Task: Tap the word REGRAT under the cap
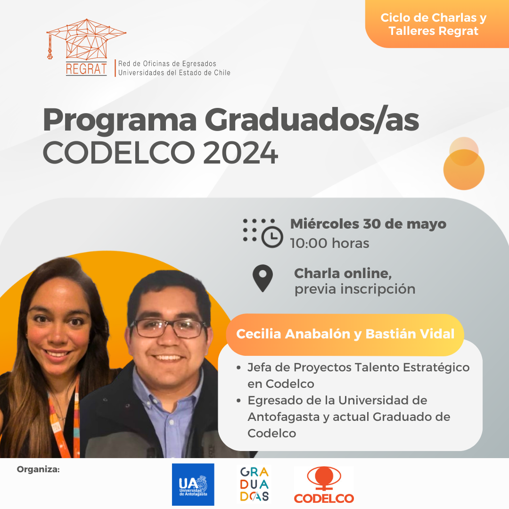tap(86, 69)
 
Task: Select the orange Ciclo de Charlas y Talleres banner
tap(437, 24)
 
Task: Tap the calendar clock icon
tap(263, 233)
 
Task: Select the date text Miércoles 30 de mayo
tap(368, 224)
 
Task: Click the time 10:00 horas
tap(329, 243)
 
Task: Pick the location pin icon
tap(263, 278)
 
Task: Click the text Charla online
tap(343, 273)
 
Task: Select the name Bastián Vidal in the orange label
tap(410, 334)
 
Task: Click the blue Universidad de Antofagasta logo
tap(193, 484)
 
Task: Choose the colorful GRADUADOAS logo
tap(254, 484)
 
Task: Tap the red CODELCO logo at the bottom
tap(324, 485)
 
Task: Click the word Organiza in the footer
tap(38, 469)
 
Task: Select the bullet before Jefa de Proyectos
tap(239, 368)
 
